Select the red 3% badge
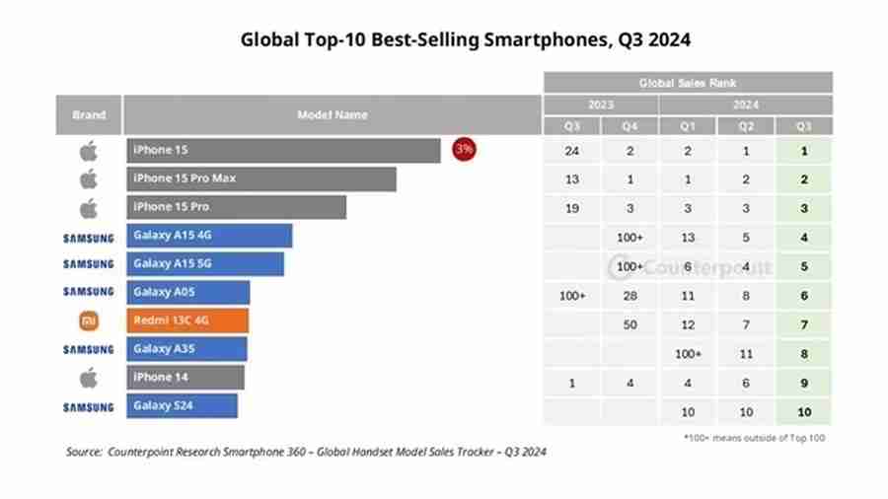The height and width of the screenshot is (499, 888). (x=465, y=150)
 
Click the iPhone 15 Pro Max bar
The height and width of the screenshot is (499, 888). (x=260, y=178)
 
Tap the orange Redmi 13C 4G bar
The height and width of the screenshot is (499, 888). (x=186, y=321)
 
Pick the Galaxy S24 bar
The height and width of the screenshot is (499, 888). (x=182, y=406)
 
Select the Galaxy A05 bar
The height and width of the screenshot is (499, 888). (x=186, y=292)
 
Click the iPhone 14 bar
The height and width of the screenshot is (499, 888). (x=185, y=378)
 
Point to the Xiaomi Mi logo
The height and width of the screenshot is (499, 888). (x=88, y=321)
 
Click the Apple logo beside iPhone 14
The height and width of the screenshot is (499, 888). (x=88, y=377)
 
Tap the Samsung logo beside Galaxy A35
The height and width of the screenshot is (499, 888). (x=88, y=350)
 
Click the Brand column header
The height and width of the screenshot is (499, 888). (x=89, y=114)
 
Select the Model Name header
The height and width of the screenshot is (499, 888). (x=333, y=114)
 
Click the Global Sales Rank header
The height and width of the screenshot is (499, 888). (x=688, y=83)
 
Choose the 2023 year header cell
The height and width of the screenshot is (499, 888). (x=601, y=104)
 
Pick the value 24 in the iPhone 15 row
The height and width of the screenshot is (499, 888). (x=572, y=151)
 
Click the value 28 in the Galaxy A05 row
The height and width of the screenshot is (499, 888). (x=629, y=294)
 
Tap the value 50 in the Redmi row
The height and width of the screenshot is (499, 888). (x=629, y=323)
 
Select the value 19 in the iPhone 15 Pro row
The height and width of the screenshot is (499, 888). (x=572, y=208)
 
